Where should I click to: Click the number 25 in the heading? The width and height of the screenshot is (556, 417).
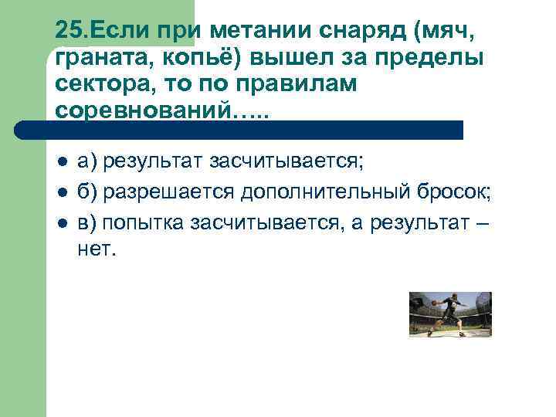coord(67,31)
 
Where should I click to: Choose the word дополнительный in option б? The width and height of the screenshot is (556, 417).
coord(317,192)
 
